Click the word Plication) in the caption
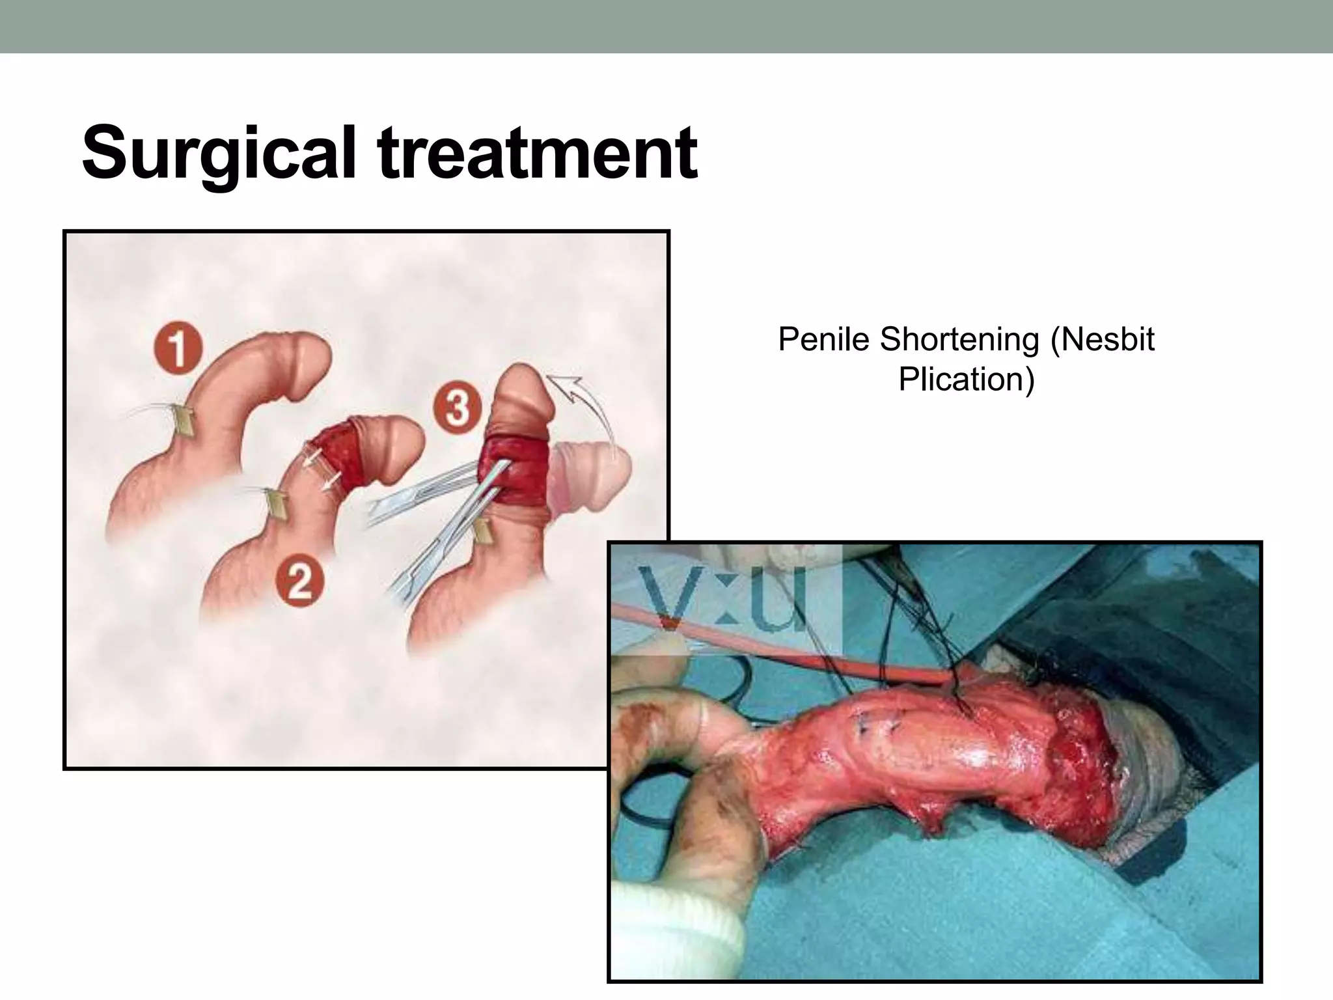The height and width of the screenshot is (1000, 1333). pos(966,380)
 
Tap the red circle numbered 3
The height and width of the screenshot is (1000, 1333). pos(458,408)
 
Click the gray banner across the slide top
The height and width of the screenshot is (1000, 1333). pos(666,26)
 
